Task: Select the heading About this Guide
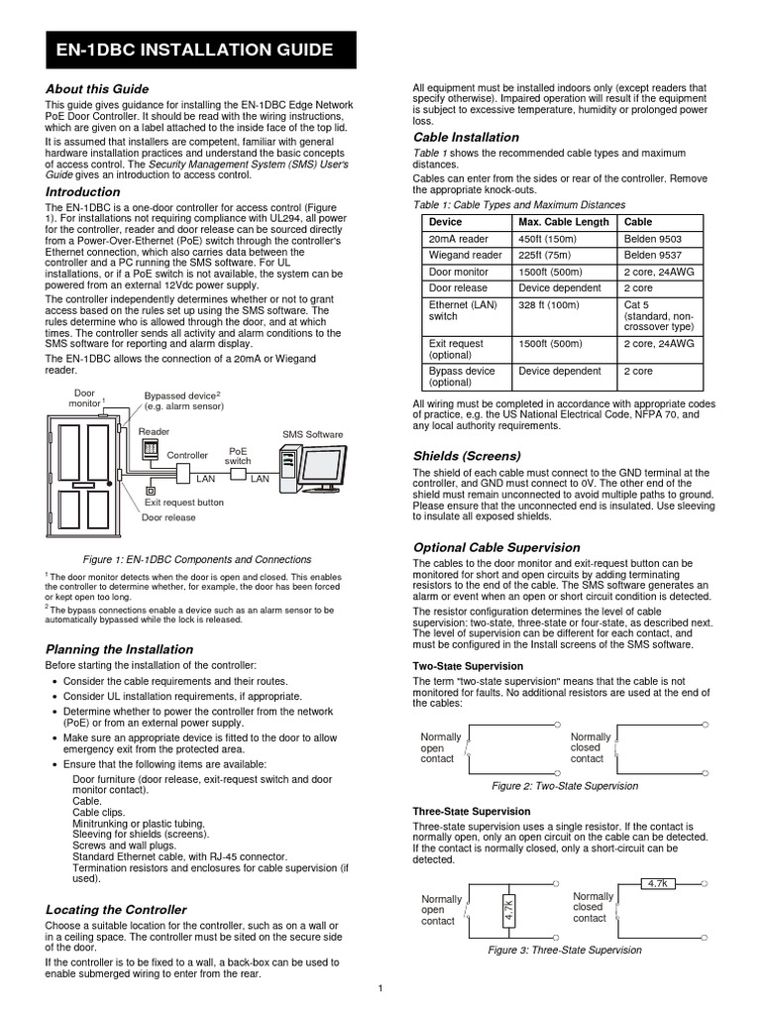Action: (97, 89)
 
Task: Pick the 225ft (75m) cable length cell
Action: (548, 255)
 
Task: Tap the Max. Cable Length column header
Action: (564, 222)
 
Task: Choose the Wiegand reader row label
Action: (465, 255)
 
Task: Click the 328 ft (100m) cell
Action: (548, 304)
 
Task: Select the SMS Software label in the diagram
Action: (313, 434)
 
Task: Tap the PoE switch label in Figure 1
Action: (238, 455)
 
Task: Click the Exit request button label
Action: (182, 503)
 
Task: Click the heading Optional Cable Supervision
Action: (495, 547)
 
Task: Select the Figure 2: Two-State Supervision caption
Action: (565, 786)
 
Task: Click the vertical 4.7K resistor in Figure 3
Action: (508, 911)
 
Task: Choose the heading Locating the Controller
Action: (116, 909)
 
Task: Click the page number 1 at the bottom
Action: (380, 988)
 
